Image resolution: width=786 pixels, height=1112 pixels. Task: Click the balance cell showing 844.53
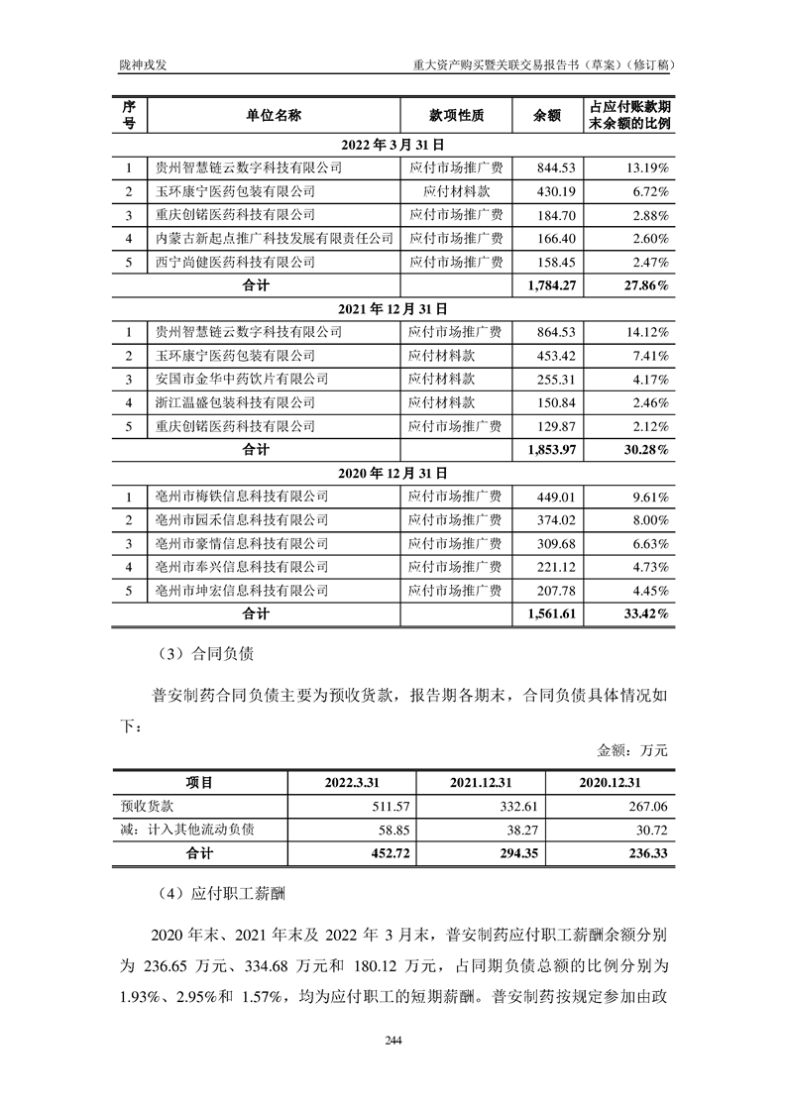547,167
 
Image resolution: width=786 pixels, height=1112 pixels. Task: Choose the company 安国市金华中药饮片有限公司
236,379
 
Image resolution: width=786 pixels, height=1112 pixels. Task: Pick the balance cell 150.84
547,402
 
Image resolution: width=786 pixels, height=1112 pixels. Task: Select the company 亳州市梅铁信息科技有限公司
236,497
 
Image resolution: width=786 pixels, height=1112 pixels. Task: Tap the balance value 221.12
547,567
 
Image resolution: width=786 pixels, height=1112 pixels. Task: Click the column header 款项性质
456,115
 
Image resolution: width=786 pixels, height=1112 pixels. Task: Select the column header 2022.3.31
351,782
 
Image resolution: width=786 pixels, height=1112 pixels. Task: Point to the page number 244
393,1040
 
